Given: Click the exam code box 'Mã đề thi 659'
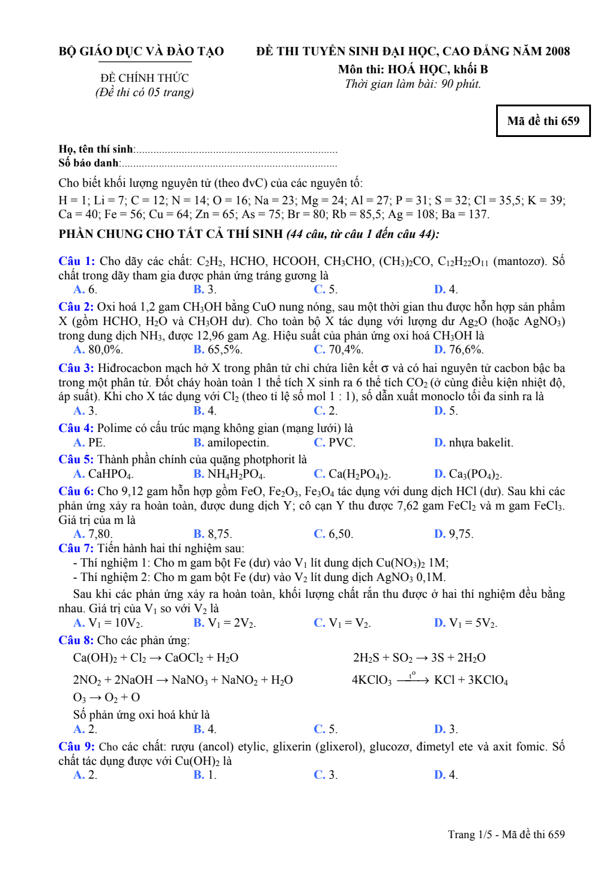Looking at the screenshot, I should click(543, 121).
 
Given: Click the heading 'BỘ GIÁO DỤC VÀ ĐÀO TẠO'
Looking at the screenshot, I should click(141, 52).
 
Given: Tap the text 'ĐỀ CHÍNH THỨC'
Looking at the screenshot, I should click(144, 78).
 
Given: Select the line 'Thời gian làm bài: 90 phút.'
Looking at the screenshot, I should click(413, 84).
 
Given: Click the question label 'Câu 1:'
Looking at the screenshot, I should click(76, 261).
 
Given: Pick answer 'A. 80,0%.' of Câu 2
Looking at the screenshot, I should click(98, 350).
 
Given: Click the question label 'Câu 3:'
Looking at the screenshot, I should click(76, 368).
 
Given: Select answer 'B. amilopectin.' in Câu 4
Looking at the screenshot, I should click(231, 443).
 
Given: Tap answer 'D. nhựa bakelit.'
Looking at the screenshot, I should click(474, 443).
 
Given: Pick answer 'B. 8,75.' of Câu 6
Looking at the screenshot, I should click(213, 534).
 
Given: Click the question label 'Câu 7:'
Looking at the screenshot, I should click(76, 549).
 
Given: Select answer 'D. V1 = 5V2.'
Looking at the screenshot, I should click(465, 623).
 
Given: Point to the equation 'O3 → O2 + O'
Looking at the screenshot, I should click(106, 698).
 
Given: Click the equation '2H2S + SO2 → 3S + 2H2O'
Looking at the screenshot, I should click(419, 658).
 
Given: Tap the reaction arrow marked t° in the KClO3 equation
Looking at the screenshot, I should click(413, 680).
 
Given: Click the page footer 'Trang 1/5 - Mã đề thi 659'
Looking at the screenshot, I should click(506, 835).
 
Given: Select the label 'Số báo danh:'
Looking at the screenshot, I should click(89, 163).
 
